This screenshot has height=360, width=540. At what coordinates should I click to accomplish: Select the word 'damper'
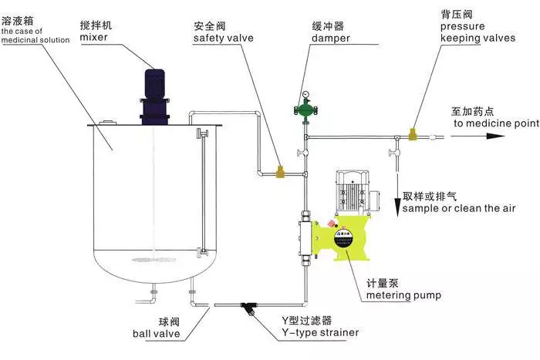click(331, 38)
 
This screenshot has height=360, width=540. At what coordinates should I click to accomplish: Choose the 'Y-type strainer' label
click(319, 333)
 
